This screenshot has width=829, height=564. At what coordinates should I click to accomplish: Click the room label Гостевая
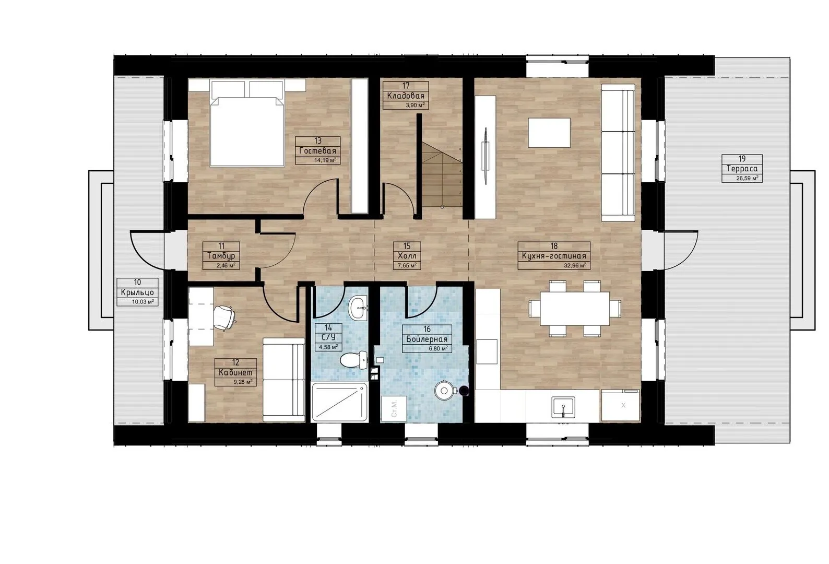pyautogui.click(x=317, y=151)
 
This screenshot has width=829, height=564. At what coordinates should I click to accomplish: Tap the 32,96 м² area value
pyautogui.click(x=574, y=265)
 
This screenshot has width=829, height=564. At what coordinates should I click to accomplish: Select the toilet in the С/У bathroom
pyautogui.click(x=353, y=360)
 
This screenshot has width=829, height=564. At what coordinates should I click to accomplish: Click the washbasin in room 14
pyautogui.click(x=358, y=308)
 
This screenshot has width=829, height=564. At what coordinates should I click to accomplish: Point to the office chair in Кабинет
pyautogui.click(x=224, y=316)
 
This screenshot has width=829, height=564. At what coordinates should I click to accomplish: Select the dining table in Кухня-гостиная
pyautogui.click(x=575, y=309)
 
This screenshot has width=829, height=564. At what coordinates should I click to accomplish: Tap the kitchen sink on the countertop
pyautogui.click(x=563, y=407)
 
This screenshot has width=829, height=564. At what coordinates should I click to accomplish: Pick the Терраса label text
pyautogui.click(x=742, y=169)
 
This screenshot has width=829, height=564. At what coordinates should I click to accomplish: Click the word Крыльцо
pyautogui.click(x=137, y=292)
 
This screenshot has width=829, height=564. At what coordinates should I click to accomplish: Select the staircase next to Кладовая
pyautogui.click(x=442, y=175)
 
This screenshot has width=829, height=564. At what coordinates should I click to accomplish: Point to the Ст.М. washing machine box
pyautogui.click(x=394, y=408)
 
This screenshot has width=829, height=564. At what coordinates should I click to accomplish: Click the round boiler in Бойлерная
pyautogui.click(x=444, y=390)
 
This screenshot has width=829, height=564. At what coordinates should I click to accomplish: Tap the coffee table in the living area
pyautogui.click(x=549, y=133)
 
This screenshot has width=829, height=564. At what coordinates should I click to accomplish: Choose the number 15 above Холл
pyautogui.click(x=407, y=246)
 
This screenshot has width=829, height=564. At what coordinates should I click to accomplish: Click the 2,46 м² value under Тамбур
pyautogui.click(x=226, y=265)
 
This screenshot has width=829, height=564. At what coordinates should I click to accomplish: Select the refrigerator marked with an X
pyautogui.click(x=620, y=405)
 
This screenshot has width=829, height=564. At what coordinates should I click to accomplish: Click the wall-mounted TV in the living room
pyautogui.click(x=485, y=156)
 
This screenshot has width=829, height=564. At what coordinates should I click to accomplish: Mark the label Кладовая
pyautogui.click(x=406, y=96)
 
